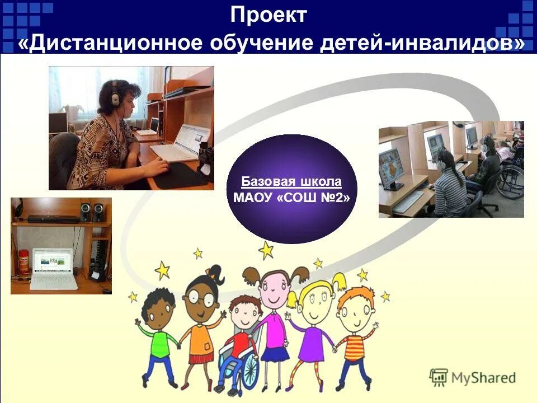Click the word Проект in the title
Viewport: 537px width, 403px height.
(x=268, y=15)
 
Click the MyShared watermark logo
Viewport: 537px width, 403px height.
(x=473, y=377)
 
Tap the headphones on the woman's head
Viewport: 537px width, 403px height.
(x=115, y=95)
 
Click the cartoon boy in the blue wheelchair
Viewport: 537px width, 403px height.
(x=242, y=341)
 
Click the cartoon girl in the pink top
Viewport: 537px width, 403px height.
(x=274, y=319)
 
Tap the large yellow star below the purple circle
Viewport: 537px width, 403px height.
(x=266, y=250)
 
